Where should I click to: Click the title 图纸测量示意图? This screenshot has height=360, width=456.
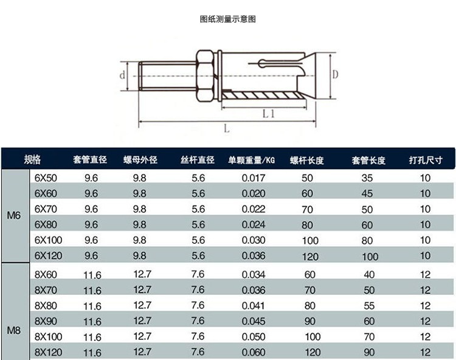[228, 19]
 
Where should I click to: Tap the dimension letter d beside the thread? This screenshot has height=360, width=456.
[122, 75]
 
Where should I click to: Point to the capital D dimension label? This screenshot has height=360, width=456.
[335, 74]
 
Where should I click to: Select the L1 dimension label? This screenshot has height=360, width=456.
[268, 113]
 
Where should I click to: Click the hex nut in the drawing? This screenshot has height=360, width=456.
[205, 76]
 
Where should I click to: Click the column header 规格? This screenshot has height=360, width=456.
[32, 159]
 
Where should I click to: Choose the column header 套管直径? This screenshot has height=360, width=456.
[90, 160]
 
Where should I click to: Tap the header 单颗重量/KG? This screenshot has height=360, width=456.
[251, 160]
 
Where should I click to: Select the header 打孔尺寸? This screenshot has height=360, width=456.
[426, 160]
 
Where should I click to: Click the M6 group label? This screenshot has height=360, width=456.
[13, 215]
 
